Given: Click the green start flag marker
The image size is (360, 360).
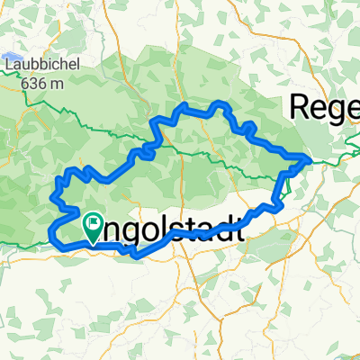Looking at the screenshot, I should coord(94,226).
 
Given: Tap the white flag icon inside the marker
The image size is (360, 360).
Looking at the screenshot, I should coord(94,221).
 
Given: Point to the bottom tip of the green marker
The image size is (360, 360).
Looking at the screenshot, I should coord(94,244).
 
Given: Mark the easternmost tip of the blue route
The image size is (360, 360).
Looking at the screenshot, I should coord(310,160).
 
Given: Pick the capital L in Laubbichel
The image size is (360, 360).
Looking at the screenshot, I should coord(8,66).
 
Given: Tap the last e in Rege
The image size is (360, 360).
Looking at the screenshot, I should coord(352,109).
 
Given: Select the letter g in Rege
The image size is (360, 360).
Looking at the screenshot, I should coord(336,111).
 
